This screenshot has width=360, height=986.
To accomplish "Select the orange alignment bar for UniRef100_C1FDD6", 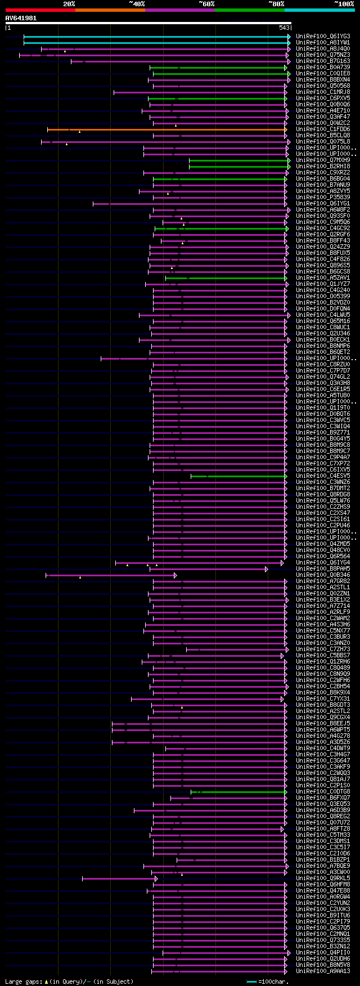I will [169, 129].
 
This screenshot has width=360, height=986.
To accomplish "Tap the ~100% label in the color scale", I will [344, 4].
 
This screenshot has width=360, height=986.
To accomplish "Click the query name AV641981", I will [21, 18].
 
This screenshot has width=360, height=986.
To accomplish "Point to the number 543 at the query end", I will [284, 28].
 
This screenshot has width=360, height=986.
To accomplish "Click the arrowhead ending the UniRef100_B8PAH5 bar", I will [267, 569].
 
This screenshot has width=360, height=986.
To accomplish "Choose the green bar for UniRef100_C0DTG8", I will [242, 792].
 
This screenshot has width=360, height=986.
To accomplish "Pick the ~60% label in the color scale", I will [206, 4].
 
